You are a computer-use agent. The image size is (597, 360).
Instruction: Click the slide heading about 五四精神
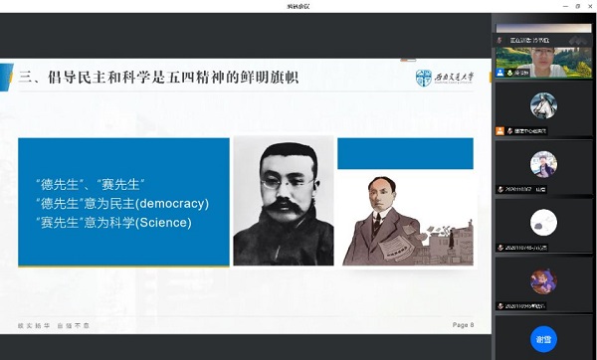pos(159,76)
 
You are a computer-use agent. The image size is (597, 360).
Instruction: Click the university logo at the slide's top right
pos(445,78)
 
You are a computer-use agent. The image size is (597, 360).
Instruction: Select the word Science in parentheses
pos(157,223)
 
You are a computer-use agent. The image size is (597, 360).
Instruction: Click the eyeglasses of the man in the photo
pos(282,182)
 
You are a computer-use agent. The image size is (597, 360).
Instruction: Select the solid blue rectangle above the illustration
pos(405,153)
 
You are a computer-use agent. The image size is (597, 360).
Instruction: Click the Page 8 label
pos(463,325)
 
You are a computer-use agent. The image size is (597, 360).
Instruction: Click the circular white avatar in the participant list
pos(543,222)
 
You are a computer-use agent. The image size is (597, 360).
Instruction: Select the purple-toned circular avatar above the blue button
pos(543,280)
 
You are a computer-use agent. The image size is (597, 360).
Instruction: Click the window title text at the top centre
pos(298,7)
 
